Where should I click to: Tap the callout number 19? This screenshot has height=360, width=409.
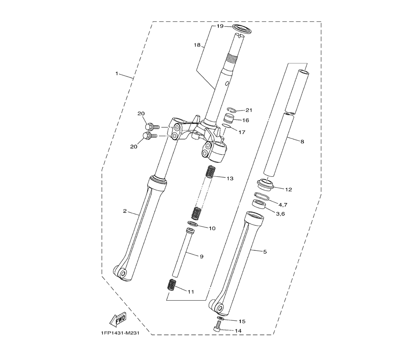click(x=220, y=26)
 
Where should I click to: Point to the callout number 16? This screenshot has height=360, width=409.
click(x=245, y=120)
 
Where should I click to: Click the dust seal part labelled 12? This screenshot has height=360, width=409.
click(x=265, y=184)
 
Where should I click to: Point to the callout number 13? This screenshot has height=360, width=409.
click(x=230, y=179)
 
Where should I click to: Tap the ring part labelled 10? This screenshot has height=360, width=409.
click(x=192, y=223)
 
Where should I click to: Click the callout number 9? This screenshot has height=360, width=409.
click(x=202, y=256)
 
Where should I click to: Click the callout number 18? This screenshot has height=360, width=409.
click(x=198, y=45)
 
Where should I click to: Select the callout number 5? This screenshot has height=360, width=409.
click(x=265, y=252)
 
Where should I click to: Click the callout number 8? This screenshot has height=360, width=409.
click(x=302, y=142)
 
